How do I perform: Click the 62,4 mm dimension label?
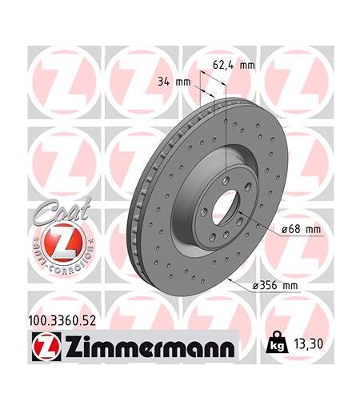234,65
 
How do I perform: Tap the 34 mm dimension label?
174,82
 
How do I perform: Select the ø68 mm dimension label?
301,229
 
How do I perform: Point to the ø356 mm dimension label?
275,286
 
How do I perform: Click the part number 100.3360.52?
62,320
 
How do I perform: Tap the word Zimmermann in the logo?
150,347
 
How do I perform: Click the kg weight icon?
278,343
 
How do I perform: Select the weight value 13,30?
308,344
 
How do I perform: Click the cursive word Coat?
62,211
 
